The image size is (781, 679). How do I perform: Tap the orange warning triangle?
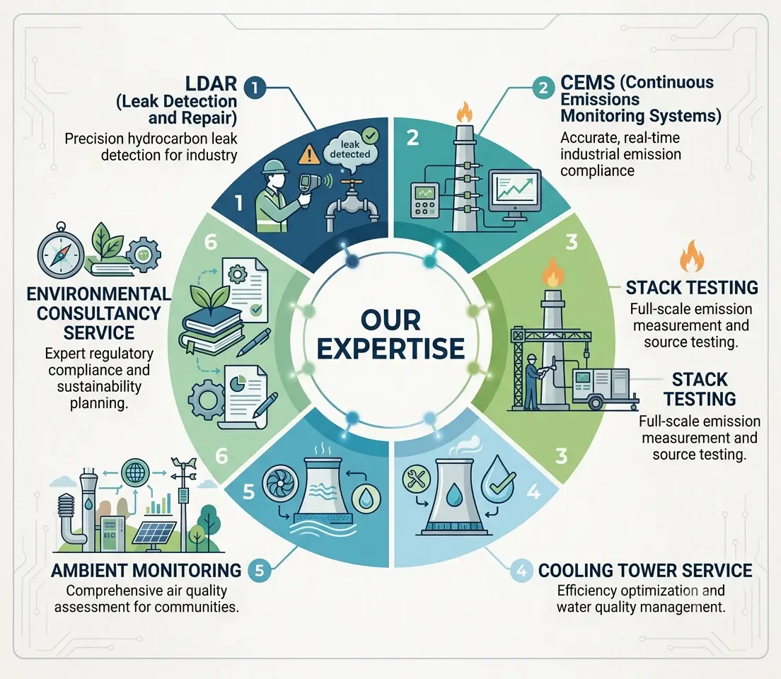309,153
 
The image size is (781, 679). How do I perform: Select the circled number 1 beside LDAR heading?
255,88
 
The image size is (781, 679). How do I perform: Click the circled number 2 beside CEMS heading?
543,88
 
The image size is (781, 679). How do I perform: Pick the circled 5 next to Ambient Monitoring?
259,570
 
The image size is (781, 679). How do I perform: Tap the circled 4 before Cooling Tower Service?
521,570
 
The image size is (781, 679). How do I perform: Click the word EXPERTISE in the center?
391,348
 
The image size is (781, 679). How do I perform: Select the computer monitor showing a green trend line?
515,195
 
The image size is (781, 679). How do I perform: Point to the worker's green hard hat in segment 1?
274,166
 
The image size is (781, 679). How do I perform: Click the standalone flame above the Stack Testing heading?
693,256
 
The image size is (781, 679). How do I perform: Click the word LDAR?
212,83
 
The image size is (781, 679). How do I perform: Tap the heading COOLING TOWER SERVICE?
645,570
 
